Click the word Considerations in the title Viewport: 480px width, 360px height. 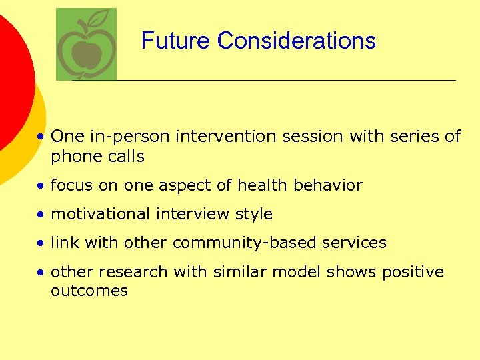297,41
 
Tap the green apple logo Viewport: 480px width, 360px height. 85,45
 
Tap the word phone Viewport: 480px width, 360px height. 73,157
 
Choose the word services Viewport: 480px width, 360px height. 358,243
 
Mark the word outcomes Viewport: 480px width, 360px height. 89,291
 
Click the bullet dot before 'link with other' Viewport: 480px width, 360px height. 41,243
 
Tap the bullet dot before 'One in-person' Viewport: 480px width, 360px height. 41,137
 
